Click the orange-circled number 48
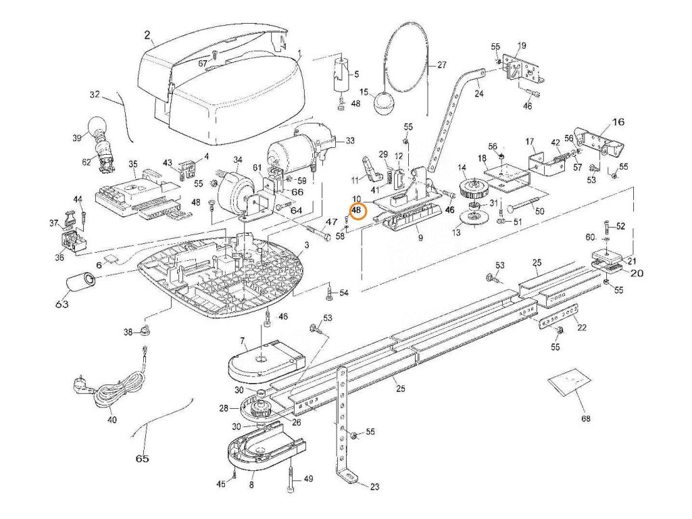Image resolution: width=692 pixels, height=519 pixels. tap(357, 211)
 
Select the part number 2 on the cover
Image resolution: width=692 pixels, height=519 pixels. tap(147, 35)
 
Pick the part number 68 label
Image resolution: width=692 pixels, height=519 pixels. tap(585, 418)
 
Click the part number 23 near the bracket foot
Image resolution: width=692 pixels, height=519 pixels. tap(374, 487)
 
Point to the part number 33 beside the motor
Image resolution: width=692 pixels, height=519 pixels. tap(349, 141)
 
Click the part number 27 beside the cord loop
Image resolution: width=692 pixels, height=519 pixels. tap(442, 64)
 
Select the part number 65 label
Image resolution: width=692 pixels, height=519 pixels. tap(142, 459)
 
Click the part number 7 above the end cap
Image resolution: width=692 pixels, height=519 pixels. tap(242, 341)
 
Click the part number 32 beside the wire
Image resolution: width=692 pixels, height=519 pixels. tap(95, 95)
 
